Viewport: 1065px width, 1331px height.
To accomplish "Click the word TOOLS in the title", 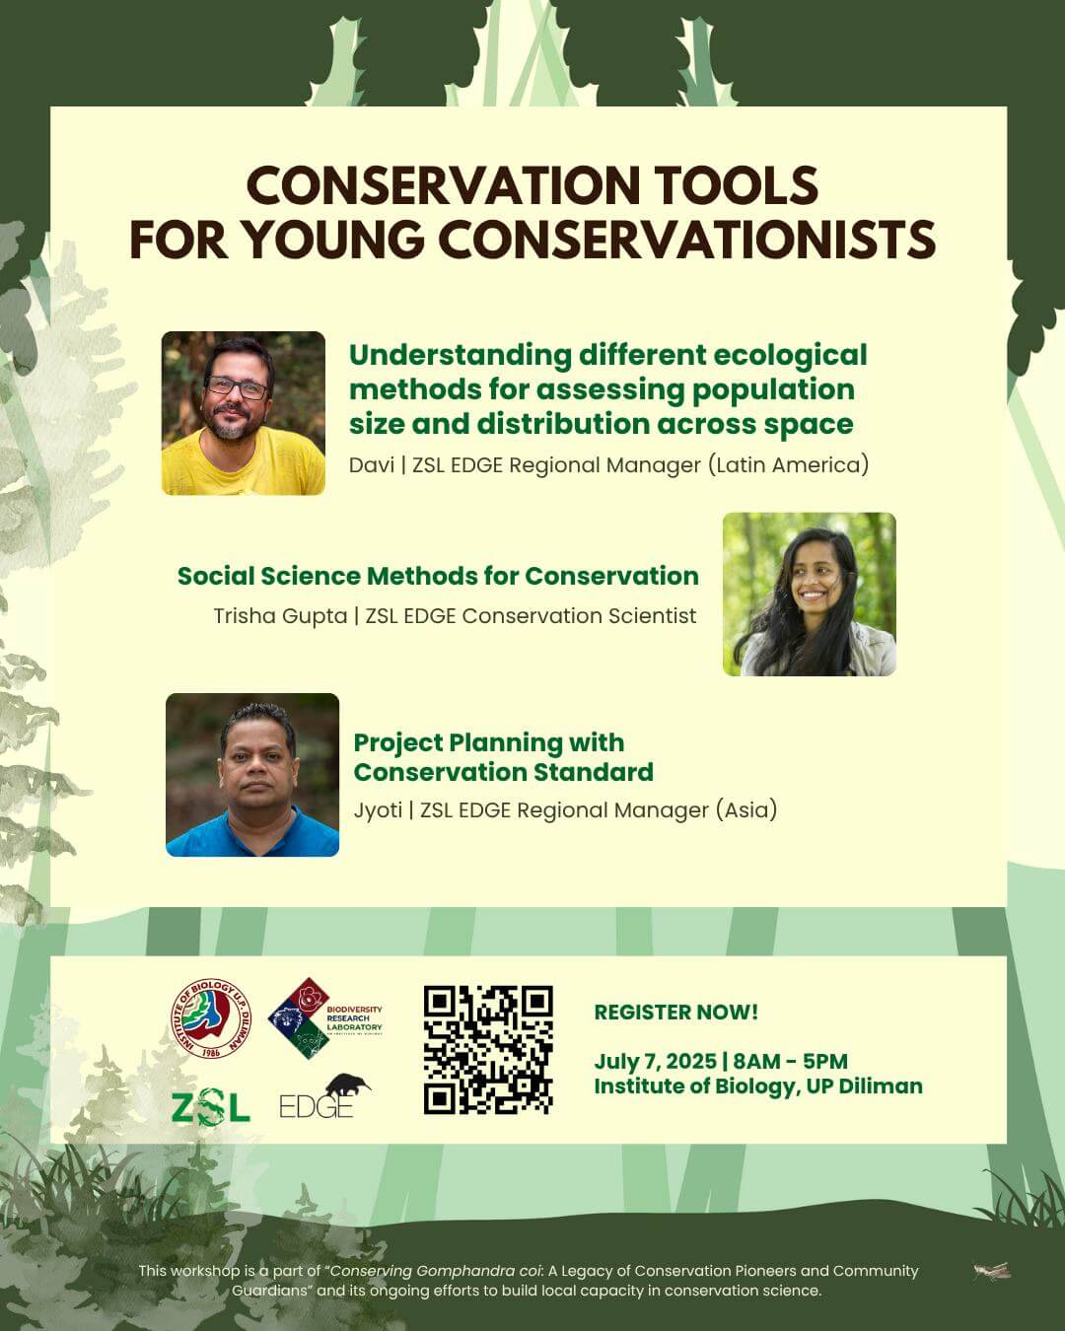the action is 736,185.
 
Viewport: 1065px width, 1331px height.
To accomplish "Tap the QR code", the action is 488,1050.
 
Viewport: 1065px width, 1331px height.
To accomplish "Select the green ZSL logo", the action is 210,1106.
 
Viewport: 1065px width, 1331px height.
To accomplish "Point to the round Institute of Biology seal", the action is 211,1019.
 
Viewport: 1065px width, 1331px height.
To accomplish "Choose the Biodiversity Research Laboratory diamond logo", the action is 324,1018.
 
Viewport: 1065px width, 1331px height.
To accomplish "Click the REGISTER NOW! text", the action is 675,1013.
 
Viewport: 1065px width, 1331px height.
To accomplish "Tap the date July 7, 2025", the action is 656,1062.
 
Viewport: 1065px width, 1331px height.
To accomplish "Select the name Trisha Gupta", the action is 280,616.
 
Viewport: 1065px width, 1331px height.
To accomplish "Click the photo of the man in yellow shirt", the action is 244,413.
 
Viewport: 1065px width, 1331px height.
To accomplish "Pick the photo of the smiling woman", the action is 810,594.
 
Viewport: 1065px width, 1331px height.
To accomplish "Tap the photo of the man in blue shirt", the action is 252,775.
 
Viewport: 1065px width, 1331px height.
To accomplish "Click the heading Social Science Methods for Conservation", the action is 438,576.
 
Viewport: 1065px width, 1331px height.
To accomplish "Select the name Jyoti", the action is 378,810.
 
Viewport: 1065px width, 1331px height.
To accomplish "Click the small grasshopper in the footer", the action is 992,1271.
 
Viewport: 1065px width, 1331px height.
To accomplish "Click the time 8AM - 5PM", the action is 790,1062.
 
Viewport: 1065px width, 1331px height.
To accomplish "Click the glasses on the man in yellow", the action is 237,387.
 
